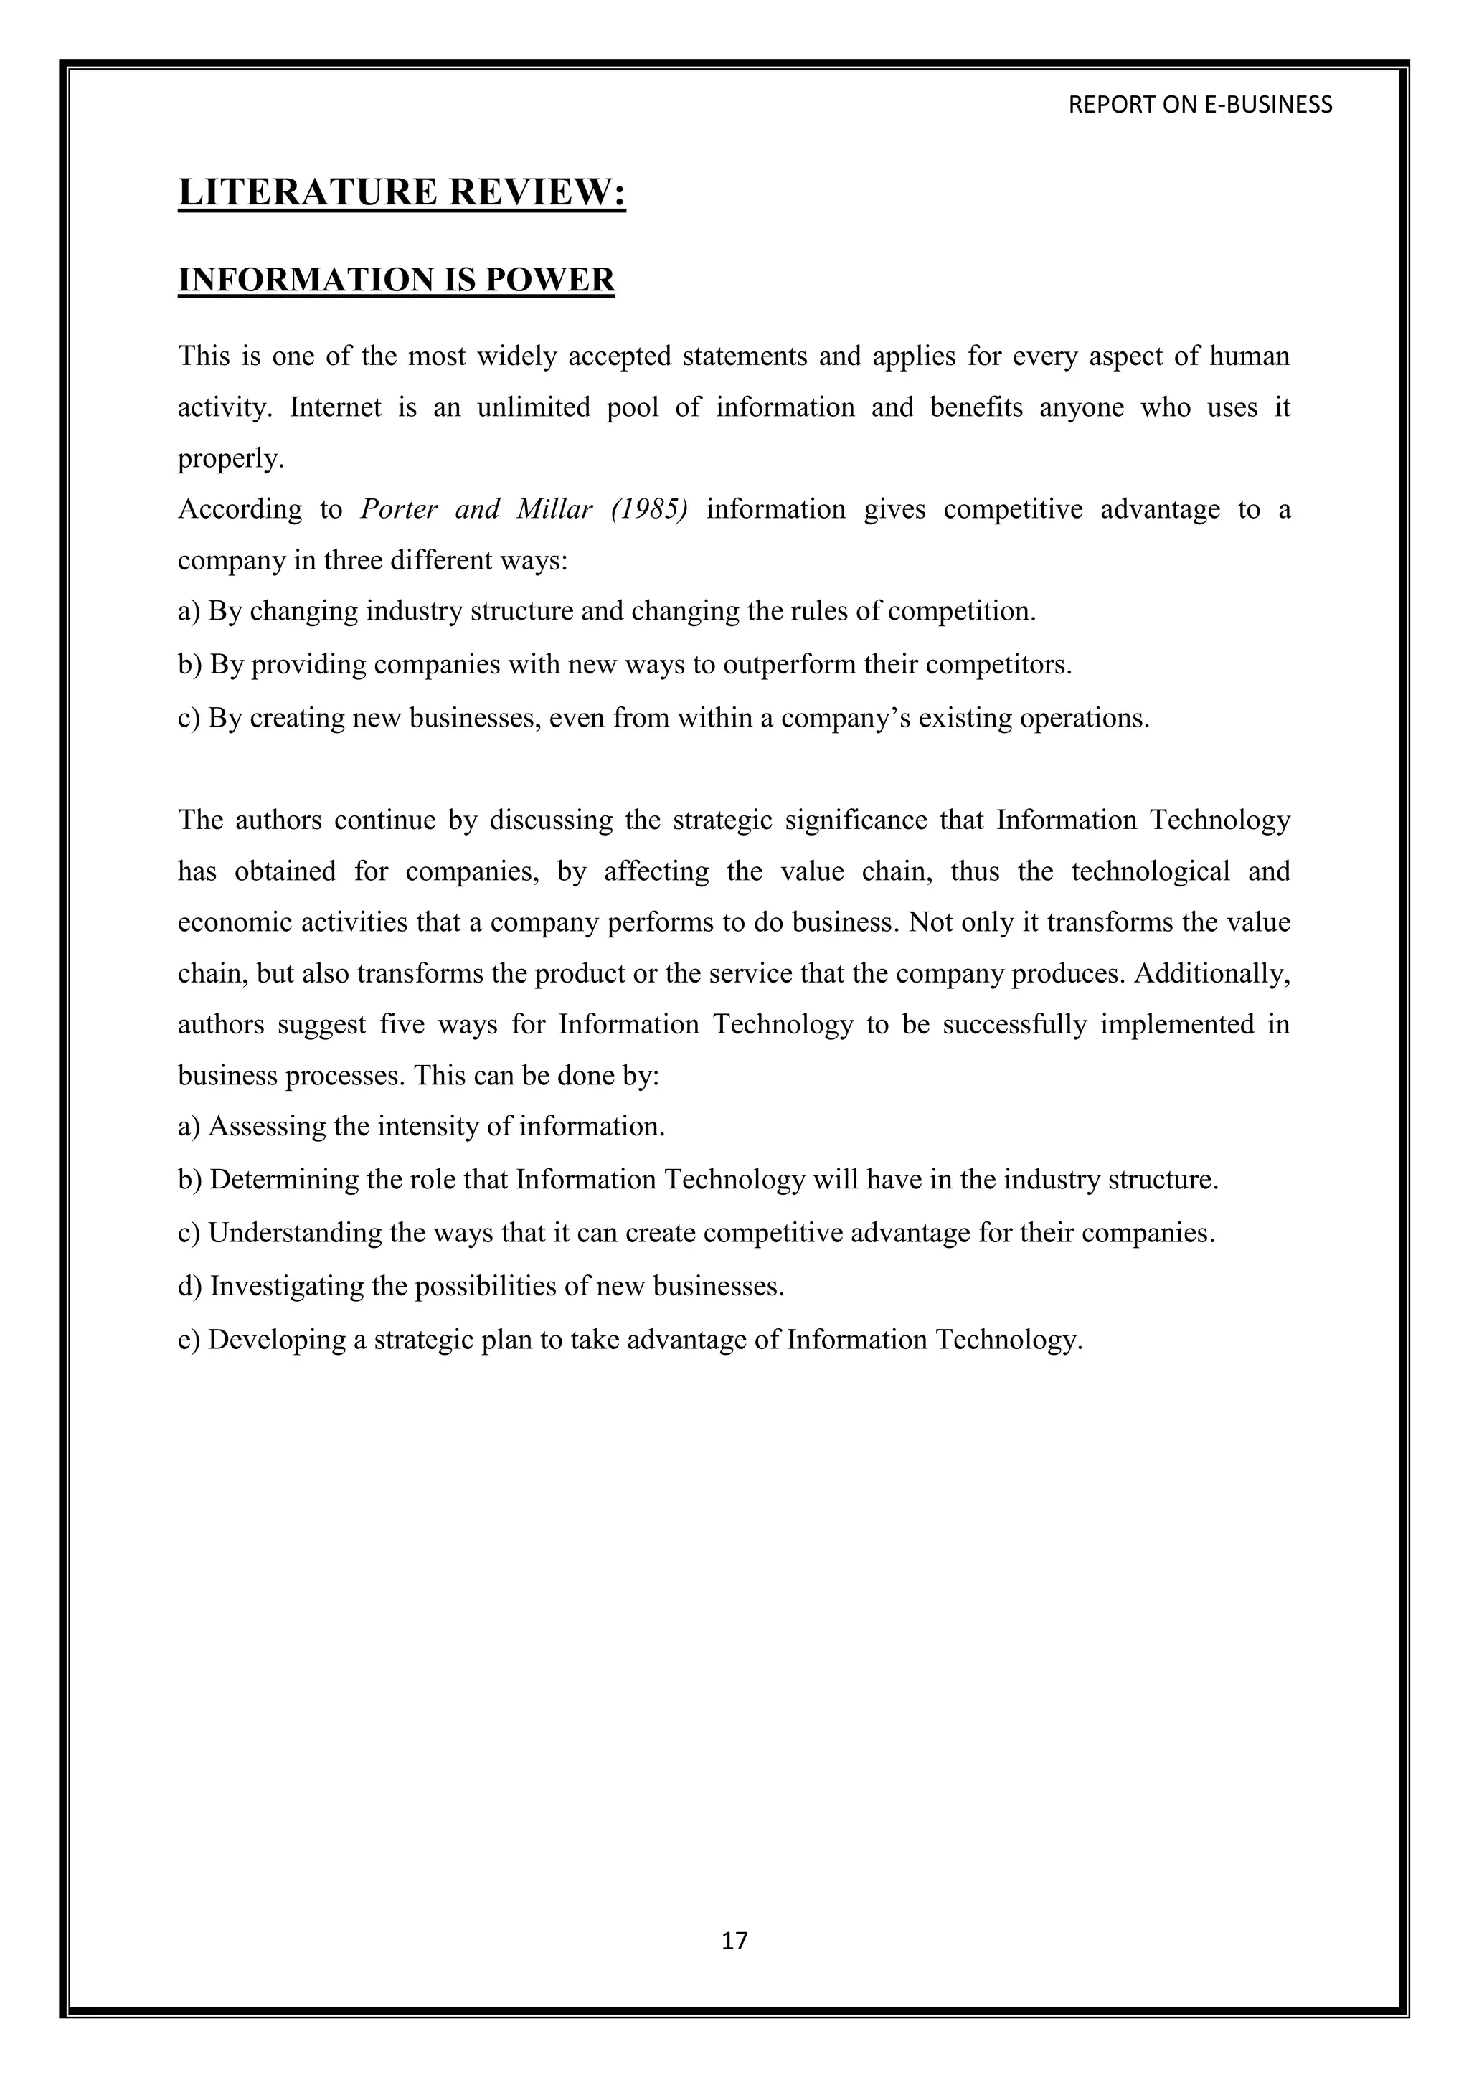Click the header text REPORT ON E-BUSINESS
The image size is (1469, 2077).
tap(1199, 105)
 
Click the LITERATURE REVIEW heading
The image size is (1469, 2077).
tap(402, 193)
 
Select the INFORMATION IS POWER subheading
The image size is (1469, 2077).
tap(396, 280)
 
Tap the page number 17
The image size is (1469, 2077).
tap(734, 1941)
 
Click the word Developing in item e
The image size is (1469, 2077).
tap(278, 1339)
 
